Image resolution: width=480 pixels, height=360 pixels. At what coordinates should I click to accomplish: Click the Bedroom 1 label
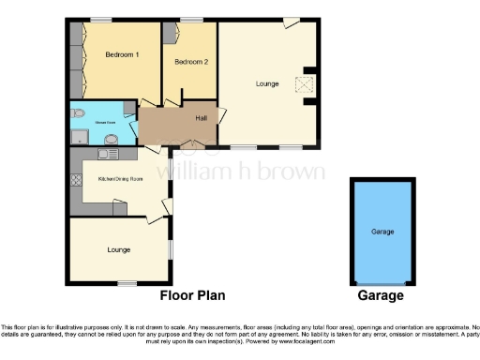coord(122,54)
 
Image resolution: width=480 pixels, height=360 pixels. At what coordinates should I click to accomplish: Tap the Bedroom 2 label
coord(190,62)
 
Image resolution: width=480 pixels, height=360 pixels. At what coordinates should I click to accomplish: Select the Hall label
coord(201,118)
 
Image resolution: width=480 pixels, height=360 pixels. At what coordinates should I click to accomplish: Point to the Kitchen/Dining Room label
coord(120,178)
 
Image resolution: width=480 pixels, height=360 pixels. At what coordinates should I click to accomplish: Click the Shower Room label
coord(105,121)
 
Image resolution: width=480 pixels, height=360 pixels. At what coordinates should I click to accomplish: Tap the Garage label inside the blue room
coord(382,231)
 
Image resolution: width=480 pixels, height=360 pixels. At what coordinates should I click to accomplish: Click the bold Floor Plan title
coord(192,295)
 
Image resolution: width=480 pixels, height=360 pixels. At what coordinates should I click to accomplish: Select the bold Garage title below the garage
coord(381,295)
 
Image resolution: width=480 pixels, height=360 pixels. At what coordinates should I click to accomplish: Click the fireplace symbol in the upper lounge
coord(303,83)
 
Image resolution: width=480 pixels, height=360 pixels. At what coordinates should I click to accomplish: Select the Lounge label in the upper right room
coord(267,84)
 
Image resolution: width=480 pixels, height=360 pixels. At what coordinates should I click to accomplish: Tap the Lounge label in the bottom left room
coord(118,249)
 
